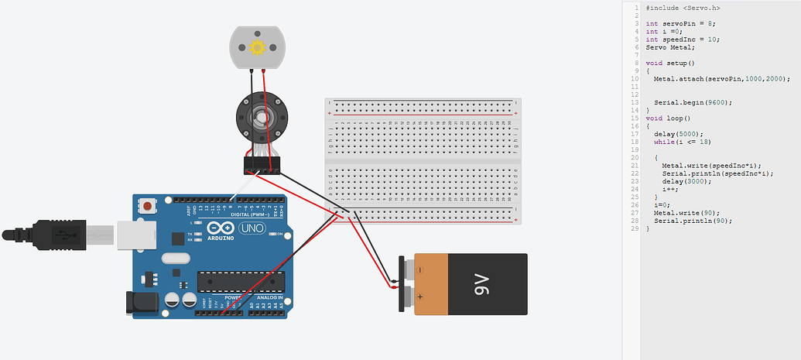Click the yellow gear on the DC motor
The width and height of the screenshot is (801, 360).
[x=258, y=48]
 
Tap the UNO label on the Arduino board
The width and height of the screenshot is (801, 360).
[x=253, y=228]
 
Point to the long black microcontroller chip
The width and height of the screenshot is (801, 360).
[x=240, y=283]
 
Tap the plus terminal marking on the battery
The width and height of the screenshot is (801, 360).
[x=420, y=297]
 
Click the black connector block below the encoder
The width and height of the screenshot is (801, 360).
[x=259, y=164]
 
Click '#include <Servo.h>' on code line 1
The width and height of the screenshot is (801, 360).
[x=682, y=8]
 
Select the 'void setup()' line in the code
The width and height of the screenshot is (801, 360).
[x=670, y=63]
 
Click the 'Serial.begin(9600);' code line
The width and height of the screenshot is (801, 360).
[x=693, y=102]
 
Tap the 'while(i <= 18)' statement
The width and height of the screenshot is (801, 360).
[x=682, y=142]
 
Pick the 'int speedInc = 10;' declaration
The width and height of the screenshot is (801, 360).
[x=683, y=39]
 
